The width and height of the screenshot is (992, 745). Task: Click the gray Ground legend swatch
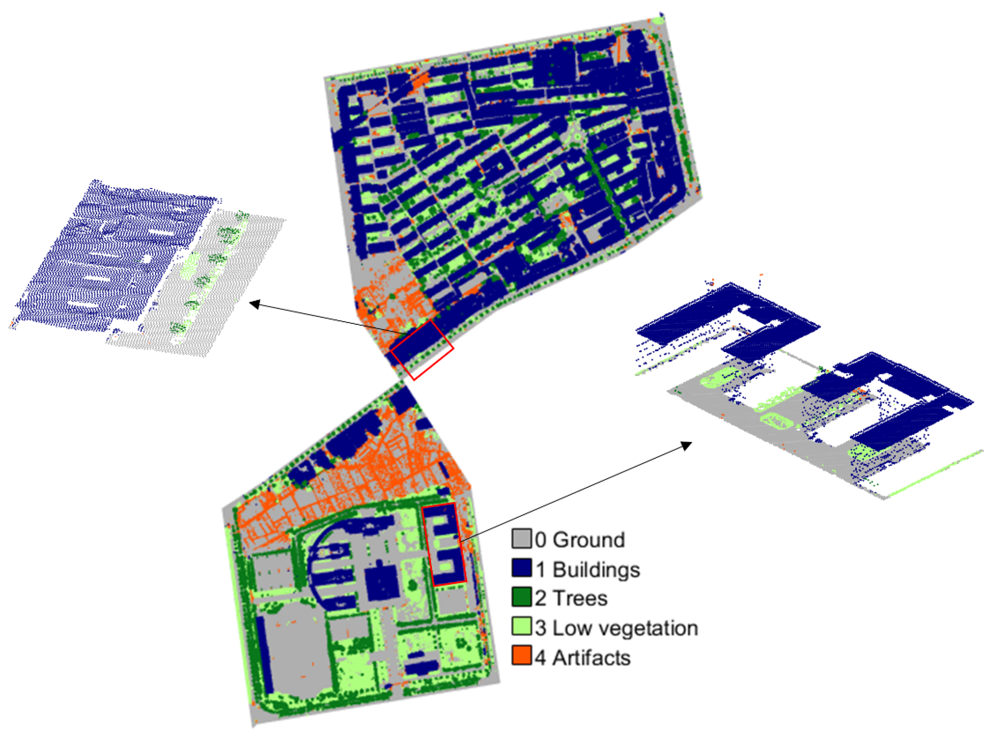coord(521,539)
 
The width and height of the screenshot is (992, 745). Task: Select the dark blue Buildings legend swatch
coord(521,568)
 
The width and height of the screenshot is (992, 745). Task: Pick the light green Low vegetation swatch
coord(521,627)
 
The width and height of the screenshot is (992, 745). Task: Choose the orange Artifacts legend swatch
coord(521,656)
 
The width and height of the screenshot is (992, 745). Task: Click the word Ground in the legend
coord(588,540)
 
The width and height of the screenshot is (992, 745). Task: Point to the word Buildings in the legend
coord(596,570)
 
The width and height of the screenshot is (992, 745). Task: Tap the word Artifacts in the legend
coord(591,658)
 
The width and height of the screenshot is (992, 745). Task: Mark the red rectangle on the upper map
coord(422,349)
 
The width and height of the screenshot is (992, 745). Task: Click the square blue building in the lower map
coord(382,582)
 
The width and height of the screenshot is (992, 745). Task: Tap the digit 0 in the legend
coord(540,540)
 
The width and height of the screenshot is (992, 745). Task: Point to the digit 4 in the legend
coord(540,658)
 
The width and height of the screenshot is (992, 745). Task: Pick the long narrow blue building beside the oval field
coord(265,655)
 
